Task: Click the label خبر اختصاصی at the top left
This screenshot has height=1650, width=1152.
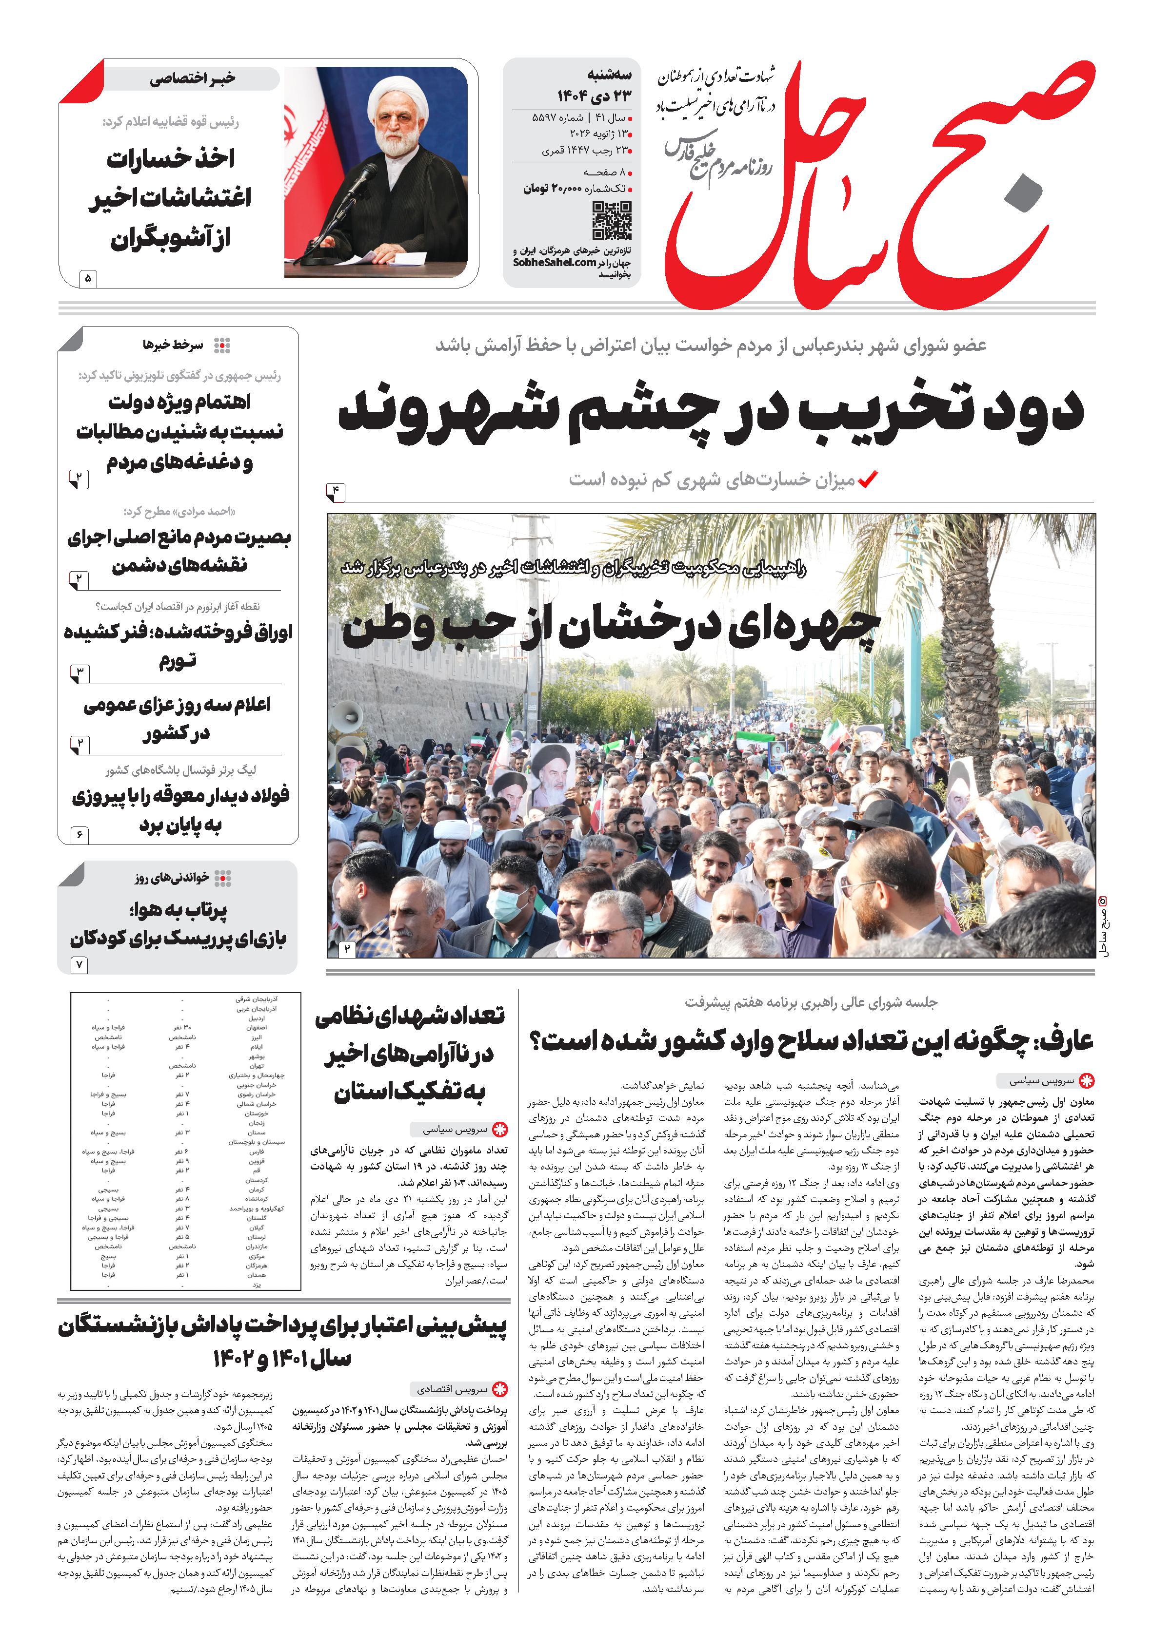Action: pyautogui.click(x=192, y=79)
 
